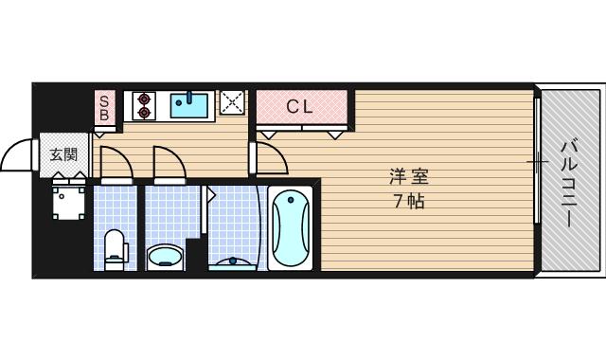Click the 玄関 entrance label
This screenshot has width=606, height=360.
pyautogui.click(x=63, y=154)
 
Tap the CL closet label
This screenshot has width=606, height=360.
pyautogui.click(x=299, y=106)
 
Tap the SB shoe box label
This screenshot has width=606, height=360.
pyautogui.click(x=105, y=106)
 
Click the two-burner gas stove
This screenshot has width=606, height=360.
pyautogui.click(x=144, y=104)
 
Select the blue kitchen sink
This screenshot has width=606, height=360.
pyautogui.click(x=192, y=103)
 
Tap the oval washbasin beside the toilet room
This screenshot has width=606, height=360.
pyautogui.click(x=167, y=257)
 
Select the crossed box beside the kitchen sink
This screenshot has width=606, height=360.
pyautogui.click(x=232, y=102)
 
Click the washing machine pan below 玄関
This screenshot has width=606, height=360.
pyautogui.click(x=68, y=200)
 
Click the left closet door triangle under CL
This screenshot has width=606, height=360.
pyautogui.click(x=269, y=135)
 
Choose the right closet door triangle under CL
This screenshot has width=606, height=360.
pyautogui.click(x=335, y=135)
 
